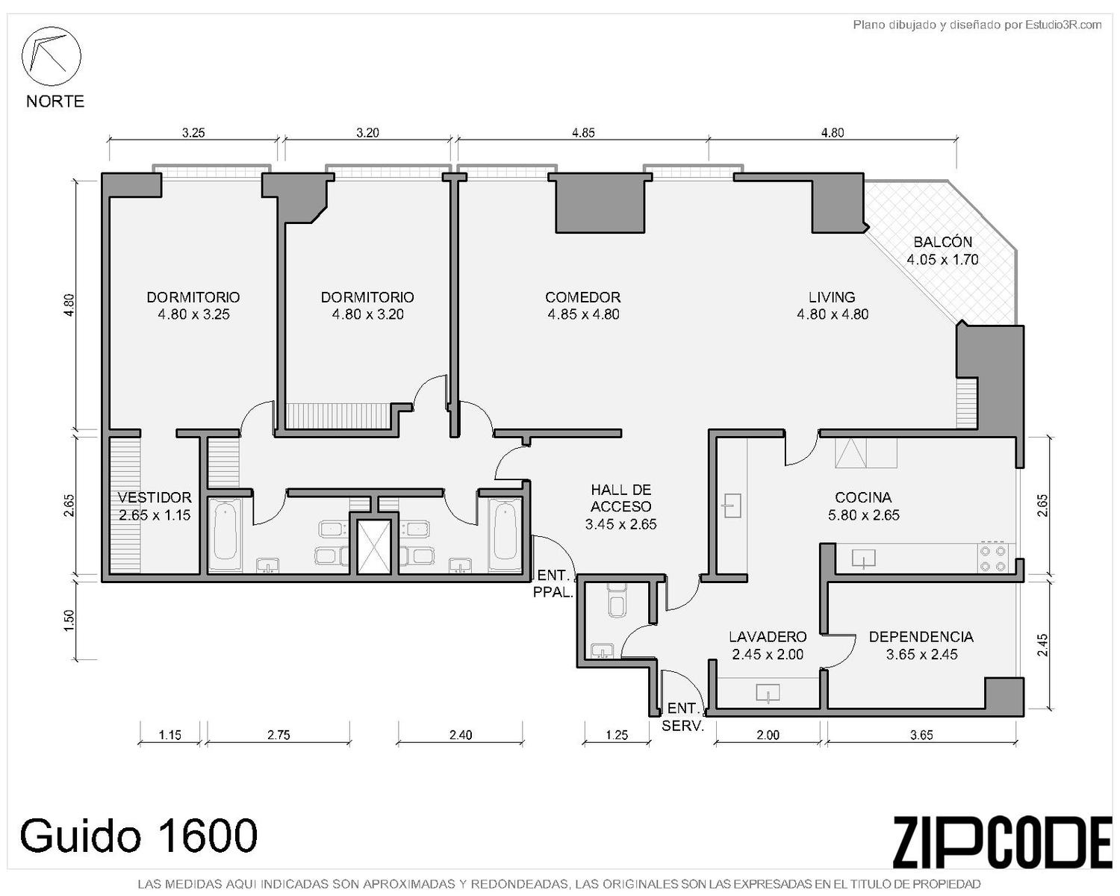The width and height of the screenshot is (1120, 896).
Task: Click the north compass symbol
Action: pos(51,56)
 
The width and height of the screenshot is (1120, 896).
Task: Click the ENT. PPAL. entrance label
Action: pos(553,584)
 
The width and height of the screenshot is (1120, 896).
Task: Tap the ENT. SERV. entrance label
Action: pos(682,716)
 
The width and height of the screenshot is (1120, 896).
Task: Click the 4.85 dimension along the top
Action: pos(583,133)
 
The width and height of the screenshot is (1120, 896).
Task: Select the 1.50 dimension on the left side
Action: pos(69,620)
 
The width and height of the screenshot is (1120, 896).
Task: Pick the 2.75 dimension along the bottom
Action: pos(279,735)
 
